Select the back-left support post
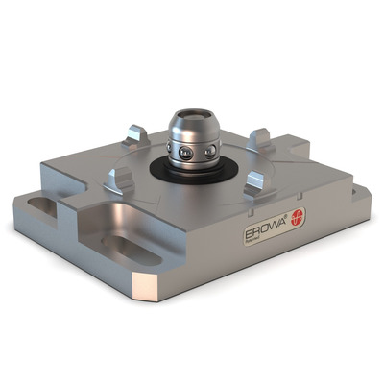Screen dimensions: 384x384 point(136,134)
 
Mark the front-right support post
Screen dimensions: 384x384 point(257,184)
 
